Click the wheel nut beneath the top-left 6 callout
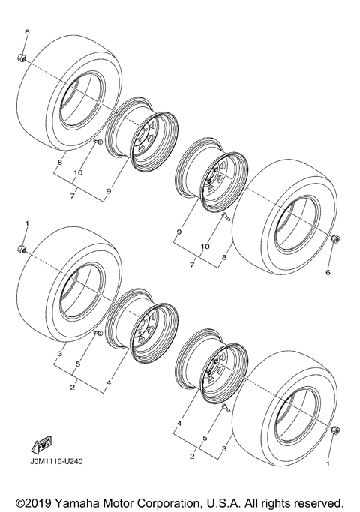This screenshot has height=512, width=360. (x=22, y=58)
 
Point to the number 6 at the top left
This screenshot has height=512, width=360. (x=27, y=33)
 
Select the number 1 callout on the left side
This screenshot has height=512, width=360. (x=27, y=224)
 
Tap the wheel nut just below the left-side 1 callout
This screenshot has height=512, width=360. (x=22, y=249)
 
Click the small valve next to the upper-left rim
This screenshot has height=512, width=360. (x=97, y=142)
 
